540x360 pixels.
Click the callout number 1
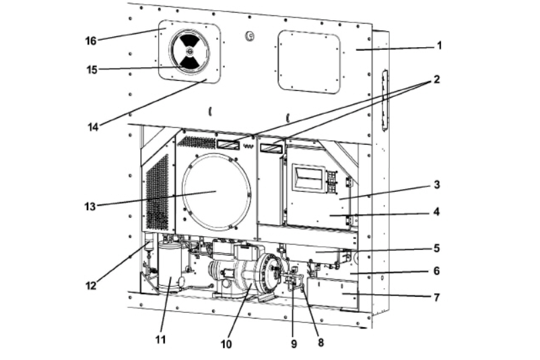pos(439,46)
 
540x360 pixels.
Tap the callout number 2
pos(436,79)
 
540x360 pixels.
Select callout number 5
pos(436,248)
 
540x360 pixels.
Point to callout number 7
pos(436,297)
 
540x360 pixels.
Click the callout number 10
pos(226,344)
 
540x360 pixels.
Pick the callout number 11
pos(160,340)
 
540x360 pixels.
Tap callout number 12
pos(91,285)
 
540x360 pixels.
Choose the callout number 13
pos(90,207)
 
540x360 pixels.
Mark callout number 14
pos(93,127)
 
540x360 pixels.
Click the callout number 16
pos(91,41)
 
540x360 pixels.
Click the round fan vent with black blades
pos(189,51)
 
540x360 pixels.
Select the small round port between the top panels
pos(250,35)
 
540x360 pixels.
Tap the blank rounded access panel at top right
pos(309,62)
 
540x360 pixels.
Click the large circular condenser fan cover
pos(215,192)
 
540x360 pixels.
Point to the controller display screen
pos(308,177)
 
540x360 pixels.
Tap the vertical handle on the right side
pos(384,100)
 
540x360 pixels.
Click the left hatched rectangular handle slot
pos(228,144)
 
